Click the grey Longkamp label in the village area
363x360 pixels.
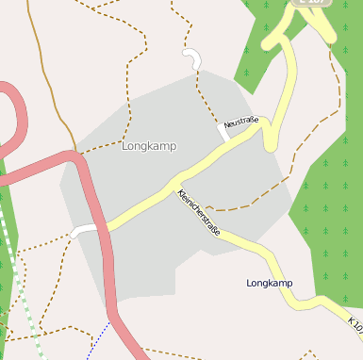[149, 146]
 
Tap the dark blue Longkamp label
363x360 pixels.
[269, 283]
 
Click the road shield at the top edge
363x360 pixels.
[313, 3]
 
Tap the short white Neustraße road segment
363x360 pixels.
[224, 131]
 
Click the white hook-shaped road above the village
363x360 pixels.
[195, 58]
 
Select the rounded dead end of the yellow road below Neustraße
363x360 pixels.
[271, 144]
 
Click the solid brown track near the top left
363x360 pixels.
[47, 75]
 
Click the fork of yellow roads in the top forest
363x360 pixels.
[283, 41]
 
